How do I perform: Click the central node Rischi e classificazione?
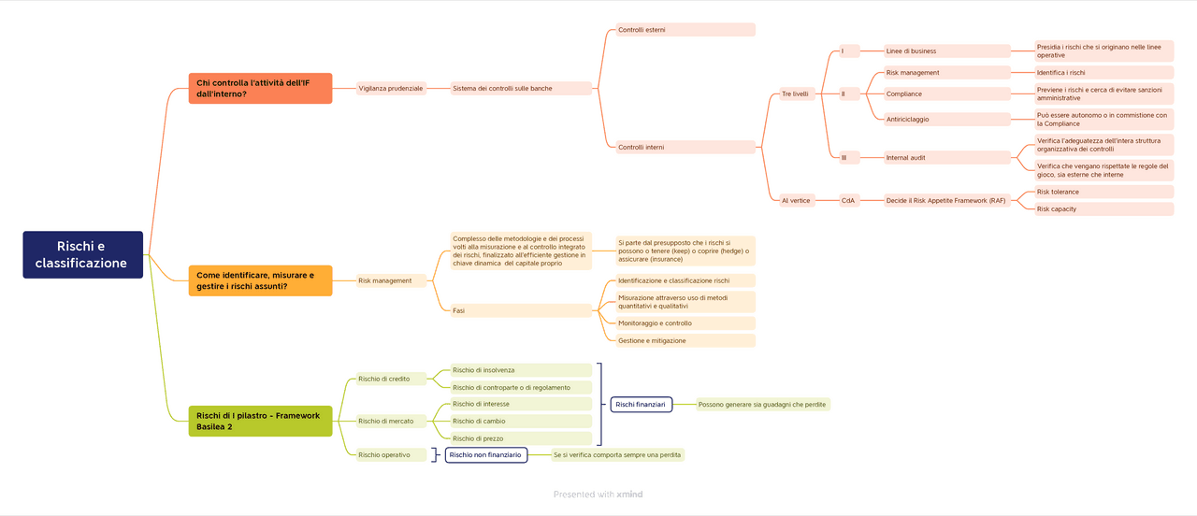coord(83,255)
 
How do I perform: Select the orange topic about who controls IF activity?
coord(260,88)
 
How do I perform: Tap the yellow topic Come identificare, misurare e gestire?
coord(260,280)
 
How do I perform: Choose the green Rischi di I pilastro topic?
coord(260,421)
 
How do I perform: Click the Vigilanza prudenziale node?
coord(391,89)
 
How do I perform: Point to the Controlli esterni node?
coord(685,30)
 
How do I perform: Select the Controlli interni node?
coord(685,147)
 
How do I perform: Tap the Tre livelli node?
coord(795,93)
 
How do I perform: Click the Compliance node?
coord(946,93)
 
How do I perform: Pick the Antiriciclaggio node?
coord(946,119)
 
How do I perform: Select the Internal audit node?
coord(946,158)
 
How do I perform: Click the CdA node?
coord(848,200)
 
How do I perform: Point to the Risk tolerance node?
coord(1103,192)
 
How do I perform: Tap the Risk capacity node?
coord(1103,209)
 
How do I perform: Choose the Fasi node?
coord(520,310)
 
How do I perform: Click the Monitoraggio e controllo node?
coord(685,323)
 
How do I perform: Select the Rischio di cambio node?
coord(520,422)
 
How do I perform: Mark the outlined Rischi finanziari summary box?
coord(641,405)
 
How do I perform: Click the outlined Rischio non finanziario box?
coord(485,455)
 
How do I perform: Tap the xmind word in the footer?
coord(629,494)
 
